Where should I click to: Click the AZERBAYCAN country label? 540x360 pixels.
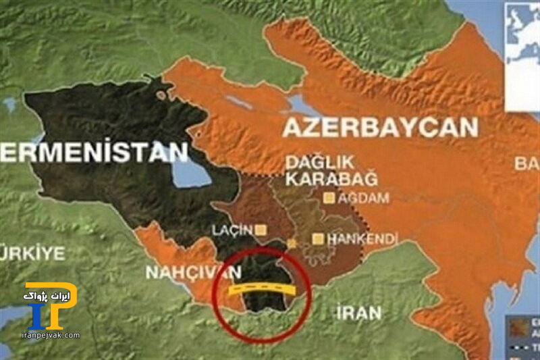(380, 128)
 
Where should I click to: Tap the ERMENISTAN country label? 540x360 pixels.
(94, 151)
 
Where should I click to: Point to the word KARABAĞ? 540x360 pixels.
(331, 179)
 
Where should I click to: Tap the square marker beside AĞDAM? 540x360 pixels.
(329, 199)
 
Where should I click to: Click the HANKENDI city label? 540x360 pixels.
(362, 239)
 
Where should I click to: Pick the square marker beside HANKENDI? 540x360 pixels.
(318, 238)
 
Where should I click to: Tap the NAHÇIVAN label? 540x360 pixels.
(193, 272)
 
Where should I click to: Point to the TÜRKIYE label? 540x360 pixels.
(31, 254)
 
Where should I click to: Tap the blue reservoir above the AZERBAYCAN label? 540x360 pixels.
(300, 103)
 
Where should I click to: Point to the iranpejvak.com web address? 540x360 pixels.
(51, 335)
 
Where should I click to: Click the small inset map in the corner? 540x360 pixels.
(523, 54)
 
